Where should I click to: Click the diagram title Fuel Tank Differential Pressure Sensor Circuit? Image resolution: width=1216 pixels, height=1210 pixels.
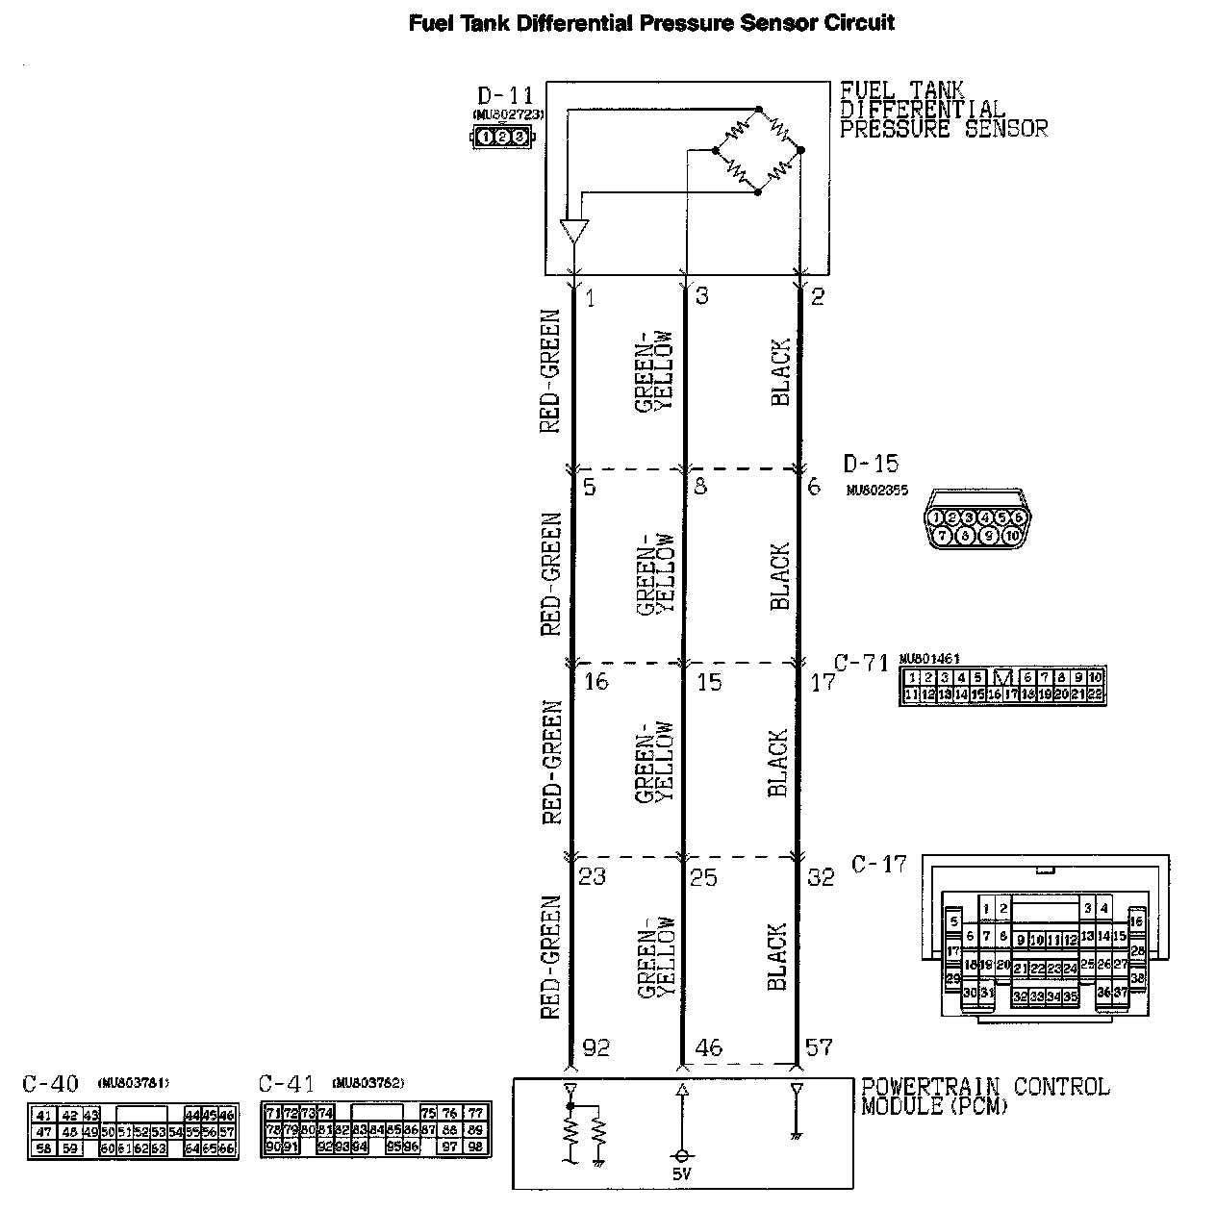click(651, 22)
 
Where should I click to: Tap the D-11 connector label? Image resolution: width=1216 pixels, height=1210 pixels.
click(504, 96)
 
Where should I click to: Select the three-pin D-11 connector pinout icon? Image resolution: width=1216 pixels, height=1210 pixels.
click(501, 138)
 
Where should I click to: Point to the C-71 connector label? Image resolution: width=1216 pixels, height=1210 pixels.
click(860, 663)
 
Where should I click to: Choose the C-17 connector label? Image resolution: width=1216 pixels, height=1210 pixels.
click(878, 864)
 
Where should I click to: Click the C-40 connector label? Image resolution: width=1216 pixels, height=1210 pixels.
click(50, 1084)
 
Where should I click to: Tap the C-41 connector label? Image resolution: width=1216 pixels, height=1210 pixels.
click(286, 1084)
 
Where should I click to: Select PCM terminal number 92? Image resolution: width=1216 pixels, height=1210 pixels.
click(596, 1047)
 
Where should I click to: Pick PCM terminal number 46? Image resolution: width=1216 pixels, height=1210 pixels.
click(708, 1047)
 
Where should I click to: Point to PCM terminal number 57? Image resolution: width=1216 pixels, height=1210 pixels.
click(819, 1047)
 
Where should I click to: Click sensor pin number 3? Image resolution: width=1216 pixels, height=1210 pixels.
click(701, 296)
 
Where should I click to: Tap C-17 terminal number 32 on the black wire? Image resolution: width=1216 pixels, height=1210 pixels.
click(820, 877)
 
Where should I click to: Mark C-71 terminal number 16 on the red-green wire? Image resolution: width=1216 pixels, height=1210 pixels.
click(596, 682)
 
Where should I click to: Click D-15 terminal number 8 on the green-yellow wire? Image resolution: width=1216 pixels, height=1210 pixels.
click(699, 487)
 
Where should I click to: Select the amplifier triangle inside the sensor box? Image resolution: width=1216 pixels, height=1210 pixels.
click(573, 232)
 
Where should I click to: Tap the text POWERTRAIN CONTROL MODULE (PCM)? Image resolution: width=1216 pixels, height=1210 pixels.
click(984, 1097)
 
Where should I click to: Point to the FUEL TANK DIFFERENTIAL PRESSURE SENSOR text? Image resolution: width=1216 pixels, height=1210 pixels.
click(943, 110)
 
